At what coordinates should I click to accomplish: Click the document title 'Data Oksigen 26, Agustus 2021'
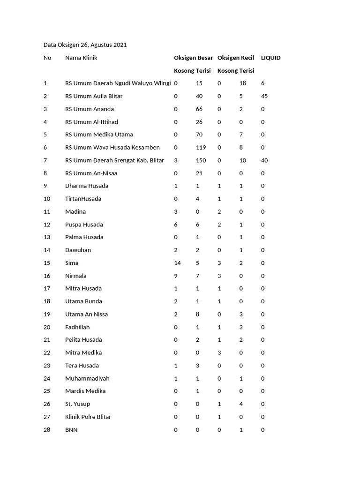coord(85,45)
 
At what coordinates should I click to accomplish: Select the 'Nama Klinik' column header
coord(81,58)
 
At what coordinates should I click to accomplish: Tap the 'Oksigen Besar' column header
coord(193,58)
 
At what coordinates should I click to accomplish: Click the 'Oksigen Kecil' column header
coord(236,58)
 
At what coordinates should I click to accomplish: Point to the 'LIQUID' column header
coord(270,58)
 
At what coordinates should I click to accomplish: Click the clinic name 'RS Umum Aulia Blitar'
coord(94,96)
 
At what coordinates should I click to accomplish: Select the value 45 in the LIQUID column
coord(264,96)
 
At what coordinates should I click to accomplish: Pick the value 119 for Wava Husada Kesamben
coord(201,148)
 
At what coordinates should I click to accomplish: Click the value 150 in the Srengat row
coord(201,160)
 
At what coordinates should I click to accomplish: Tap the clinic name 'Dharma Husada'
coord(87,186)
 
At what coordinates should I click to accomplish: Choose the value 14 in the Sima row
coord(177,263)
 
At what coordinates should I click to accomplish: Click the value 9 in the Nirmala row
coord(176,276)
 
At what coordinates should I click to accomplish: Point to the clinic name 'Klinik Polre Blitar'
coord(88,417)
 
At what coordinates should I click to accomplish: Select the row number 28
coord(47,429)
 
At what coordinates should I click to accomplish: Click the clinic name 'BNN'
coord(71,429)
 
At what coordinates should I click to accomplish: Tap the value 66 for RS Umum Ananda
coord(199,109)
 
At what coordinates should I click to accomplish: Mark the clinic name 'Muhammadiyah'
coord(87,378)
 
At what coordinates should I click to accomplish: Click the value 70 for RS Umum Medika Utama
coord(199,135)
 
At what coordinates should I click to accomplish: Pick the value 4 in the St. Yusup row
coord(241,404)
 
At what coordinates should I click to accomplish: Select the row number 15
coord(47,263)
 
